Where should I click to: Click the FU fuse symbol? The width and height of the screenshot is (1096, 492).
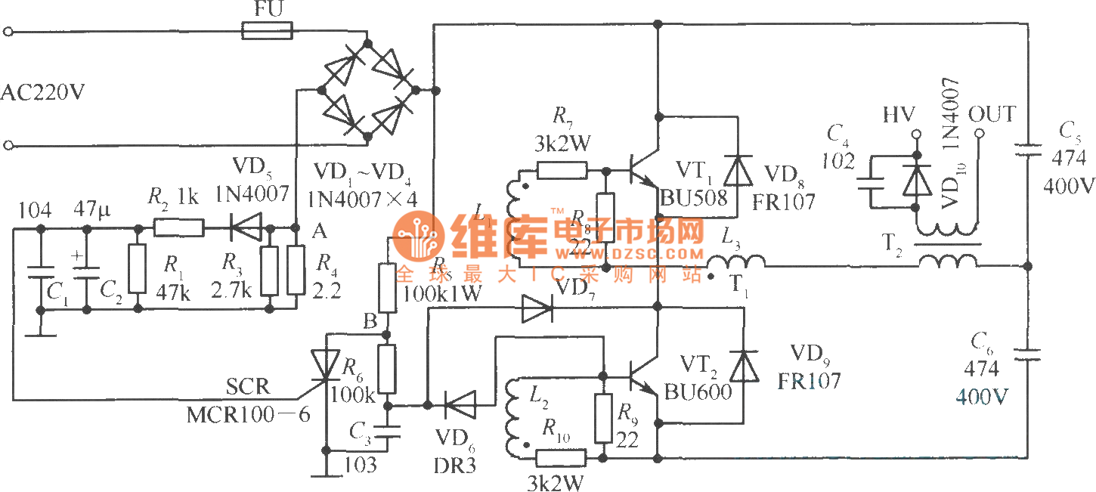point(267,31)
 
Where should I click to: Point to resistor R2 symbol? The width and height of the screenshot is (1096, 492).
point(178,227)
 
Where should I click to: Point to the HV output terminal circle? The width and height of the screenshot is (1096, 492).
point(917,135)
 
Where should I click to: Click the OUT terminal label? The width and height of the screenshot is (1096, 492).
point(992,115)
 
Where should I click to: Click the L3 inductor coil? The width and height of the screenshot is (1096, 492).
point(736,262)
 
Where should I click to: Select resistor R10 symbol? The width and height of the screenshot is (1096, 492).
point(561,457)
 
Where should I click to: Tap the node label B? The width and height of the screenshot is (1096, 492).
point(370,322)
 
